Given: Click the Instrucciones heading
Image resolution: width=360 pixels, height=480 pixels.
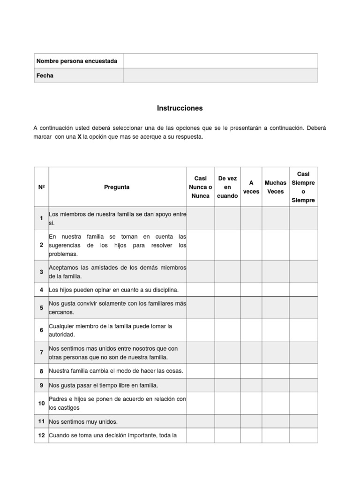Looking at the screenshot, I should (x=180, y=108).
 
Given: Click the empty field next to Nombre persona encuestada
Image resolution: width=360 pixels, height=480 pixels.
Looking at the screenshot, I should (x=220, y=61).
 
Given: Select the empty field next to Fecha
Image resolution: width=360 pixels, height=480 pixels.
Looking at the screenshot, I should (x=220, y=75).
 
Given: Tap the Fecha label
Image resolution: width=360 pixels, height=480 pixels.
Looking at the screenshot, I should (x=45, y=75).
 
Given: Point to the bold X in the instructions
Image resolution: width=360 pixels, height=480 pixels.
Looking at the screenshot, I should (x=80, y=137).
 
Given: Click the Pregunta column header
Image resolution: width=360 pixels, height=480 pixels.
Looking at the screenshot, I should (x=117, y=187).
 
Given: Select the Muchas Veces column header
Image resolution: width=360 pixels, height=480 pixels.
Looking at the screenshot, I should (x=275, y=187).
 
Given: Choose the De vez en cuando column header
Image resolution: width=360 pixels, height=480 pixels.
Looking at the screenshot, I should (x=228, y=187).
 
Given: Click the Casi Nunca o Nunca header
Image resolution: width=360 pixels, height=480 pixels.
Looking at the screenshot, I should (x=200, y=187).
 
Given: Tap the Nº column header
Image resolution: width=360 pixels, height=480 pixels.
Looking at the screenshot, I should (x=41, y=187).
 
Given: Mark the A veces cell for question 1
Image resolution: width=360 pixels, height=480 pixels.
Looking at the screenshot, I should (x=251, y=218).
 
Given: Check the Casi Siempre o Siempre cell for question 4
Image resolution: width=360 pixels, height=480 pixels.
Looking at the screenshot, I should (x=303, y=290).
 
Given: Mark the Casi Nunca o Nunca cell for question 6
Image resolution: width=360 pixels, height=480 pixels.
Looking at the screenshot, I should (x=200, y=330).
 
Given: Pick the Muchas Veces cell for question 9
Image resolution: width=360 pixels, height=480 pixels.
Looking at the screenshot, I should (x=275, y=386).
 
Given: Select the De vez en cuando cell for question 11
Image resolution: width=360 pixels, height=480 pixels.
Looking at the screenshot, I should (x=228, y=421).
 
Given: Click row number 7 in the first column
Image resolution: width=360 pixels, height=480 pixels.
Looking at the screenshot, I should (x=41, y=352).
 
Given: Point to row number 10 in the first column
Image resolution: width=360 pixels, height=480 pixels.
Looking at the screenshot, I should (x=41, y=404).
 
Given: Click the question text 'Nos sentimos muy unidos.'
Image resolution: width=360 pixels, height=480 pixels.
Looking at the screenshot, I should (x=83, y=421).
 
